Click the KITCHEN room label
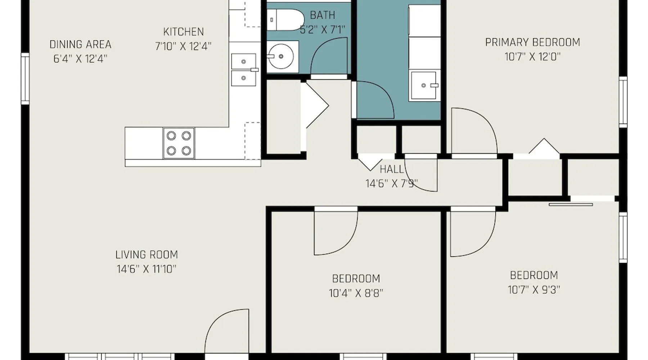click(x=183, y=32)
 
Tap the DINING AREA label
click(x=80, y=45)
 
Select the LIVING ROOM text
click(x=147, y=255)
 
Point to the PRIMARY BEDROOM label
click(x=532, y=42)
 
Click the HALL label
click(x=392, y=169)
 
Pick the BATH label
click(x=323, y=15)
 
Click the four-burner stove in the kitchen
click(x=179, y=143)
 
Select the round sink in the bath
click(x=281, y=57)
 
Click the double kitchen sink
click(x=244, y=70)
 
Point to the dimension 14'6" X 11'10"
click(x=147, y=269)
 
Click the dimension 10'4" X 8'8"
click(x=356, y=293)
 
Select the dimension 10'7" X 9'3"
click(x=534, y=290)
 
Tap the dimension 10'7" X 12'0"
click(x=532, y=57)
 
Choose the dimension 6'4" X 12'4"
click(x=80, y=59)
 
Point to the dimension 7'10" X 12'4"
click(x=183, y=46)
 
